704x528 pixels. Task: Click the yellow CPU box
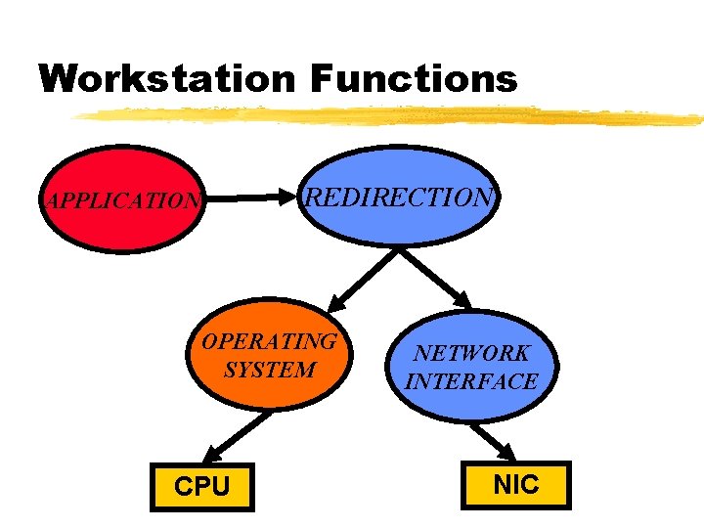click(x=201, y=486)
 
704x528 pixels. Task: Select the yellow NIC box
click(x=516, y=485)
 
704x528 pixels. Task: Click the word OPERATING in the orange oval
click(x=269, y=341)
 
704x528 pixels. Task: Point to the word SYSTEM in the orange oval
click(x=270, y=370)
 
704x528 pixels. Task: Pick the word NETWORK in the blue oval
click(x=471, y=353)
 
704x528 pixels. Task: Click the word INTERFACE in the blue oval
click(x=471, y=381)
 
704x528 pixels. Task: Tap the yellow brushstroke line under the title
click(x=391, y=115)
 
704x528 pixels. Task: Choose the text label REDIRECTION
click(x=400, y=198)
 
